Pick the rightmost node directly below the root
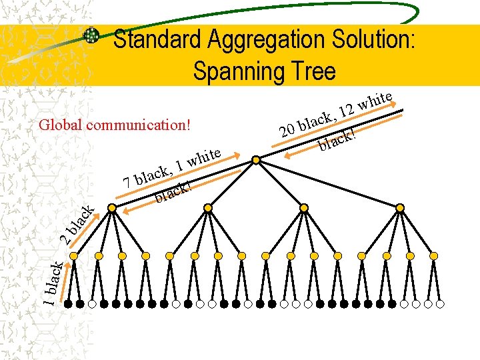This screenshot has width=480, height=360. point(400,208)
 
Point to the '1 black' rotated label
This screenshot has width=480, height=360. point(53,283)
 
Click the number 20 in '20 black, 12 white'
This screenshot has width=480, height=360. point(288,129)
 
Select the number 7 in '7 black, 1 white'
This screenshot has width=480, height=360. point(127,181)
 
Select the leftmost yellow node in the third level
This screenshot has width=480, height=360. point(74,256)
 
